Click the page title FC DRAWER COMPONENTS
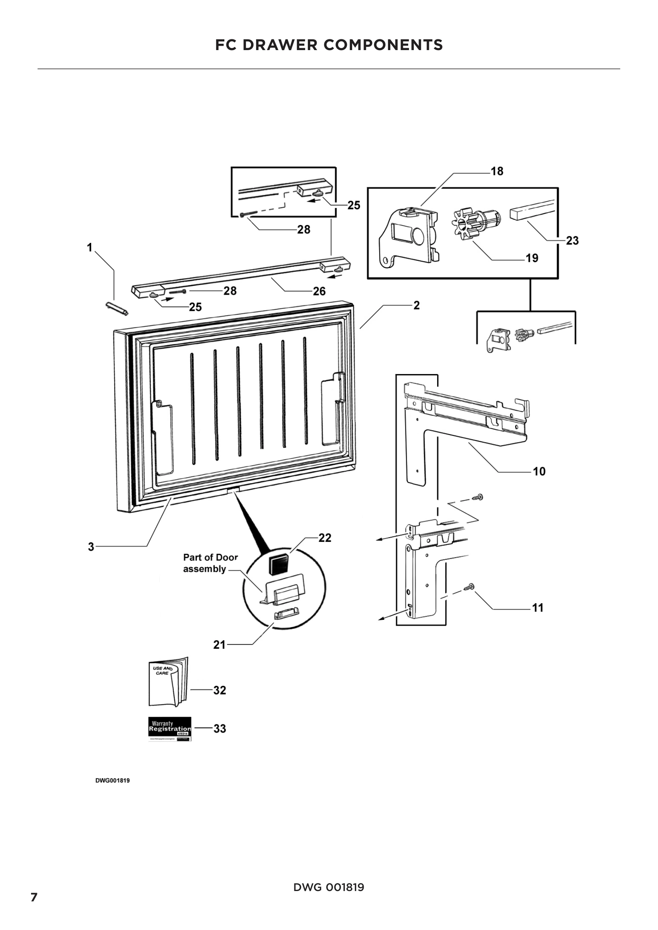[x=329, y=45]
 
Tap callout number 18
[x=497, y=171]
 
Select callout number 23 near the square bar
[x=572, y=241]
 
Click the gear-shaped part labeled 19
[x=464, y=223]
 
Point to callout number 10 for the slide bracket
[x=539, y=472]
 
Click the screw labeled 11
[x=470, y=587]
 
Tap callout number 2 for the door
[x=417, y=305]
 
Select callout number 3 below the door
[x=91, y=547]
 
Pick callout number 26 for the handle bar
[x=319, y=291]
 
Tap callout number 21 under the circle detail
[x=219, y=645]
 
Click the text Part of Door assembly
[x=210, y=563]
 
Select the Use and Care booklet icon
[x=168, y=682]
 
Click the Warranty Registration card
[x=170, y=729]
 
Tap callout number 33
[x=220, y=729]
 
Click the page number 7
[x=34, y=897]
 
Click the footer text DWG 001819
[x=329, y=887]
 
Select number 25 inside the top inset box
[x=354, y=205]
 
